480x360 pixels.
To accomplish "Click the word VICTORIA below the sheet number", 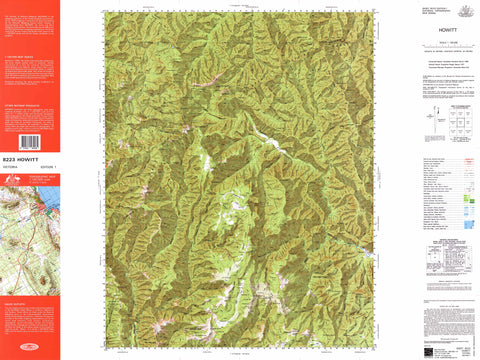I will [14, 165].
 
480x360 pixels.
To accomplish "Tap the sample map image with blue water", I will [29, 214].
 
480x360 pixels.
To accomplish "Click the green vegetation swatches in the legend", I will [469, 184].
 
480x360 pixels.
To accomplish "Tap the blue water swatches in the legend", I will [469, 205].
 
